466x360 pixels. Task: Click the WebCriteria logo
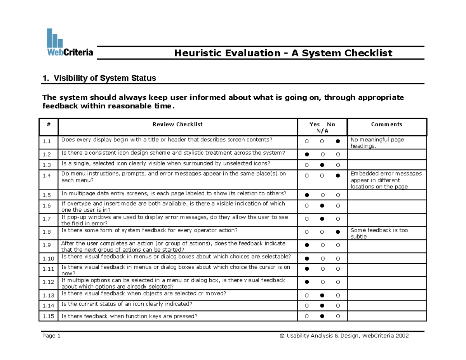(x=70, y=43)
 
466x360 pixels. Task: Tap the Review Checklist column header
(x=177, y=125)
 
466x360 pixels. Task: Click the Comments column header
(x=386, y=125)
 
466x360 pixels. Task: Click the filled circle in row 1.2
(x=307, y=155)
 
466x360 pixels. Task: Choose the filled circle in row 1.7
(x=322, y=219)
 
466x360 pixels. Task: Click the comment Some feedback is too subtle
(x=379, y=233)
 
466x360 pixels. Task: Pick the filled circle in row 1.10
(x=307, y=258)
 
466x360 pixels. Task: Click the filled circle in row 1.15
(x=322, y=317)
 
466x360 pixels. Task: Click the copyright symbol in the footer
(x=282, y=336)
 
